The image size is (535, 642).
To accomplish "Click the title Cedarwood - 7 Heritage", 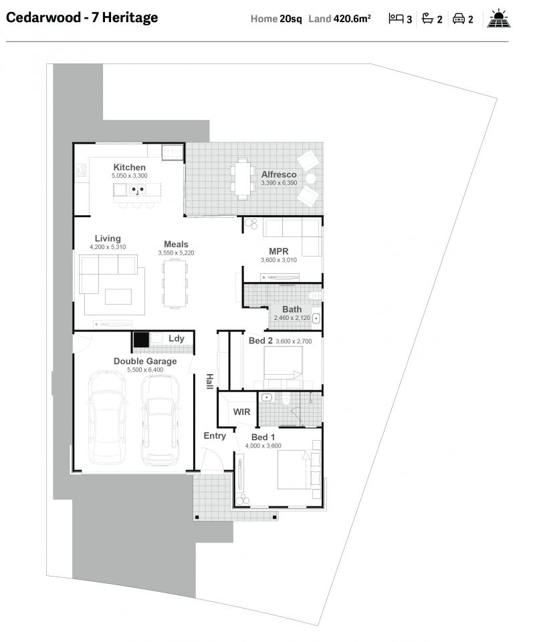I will pyautogui.click(x=82, y=18).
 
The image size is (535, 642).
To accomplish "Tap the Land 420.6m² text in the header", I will pyautogui.click(x=340, y=19).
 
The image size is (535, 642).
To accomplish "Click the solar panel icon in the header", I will pyautogui.click(x=498, y=19).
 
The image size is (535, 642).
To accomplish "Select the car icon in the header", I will pyautogui.click(x=459, y=19).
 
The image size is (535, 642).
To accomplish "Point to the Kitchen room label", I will pyautogui.click(x=129, y=167).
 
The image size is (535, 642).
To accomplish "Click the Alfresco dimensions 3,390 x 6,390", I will pyautogui.click(x=279, y=182).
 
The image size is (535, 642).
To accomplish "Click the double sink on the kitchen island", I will pyautogui.click(x=138, y=190).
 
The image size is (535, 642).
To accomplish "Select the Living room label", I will pyautogui.click(x=108, y=238).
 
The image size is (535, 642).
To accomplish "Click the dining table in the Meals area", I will pyautogui.click(x=175, y=283).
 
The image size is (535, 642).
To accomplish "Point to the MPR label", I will pyautogui.click(x=278, y=251).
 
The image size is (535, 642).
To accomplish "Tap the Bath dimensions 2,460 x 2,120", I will pyautogui.click(x=292, y=318).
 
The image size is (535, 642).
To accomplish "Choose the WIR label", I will pyautogui.click(x=241, y=412).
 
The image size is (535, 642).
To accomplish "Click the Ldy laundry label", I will pyautogui.click(x=176, y=339).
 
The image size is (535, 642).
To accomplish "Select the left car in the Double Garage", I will pyautogui.click(x=107, y=418).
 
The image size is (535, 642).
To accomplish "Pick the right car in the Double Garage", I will pyautogui.click(x=160, y=420).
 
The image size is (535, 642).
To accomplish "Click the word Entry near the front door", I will pyautogui.click(x=215, y=436).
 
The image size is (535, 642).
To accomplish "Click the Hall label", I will pyautogui.click(x=209, y=381).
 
